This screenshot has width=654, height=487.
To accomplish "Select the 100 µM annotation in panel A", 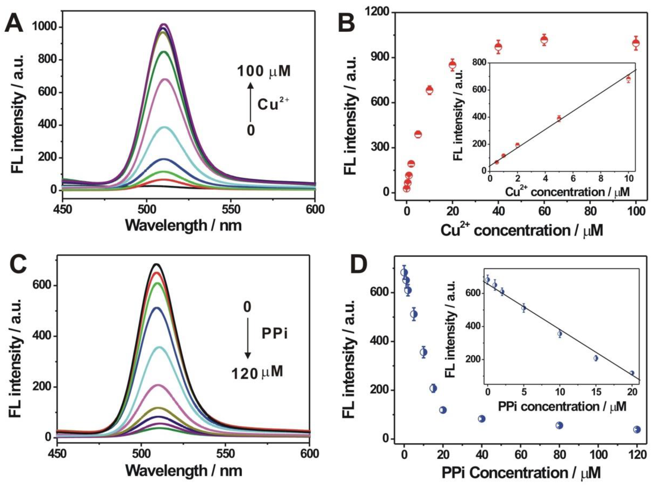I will [264, 71].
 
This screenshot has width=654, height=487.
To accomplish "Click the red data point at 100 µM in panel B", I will [636, 43].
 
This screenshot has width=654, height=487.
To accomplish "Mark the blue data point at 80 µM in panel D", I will [559, 425].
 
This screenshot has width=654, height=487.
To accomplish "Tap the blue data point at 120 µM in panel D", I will [637, 429].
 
